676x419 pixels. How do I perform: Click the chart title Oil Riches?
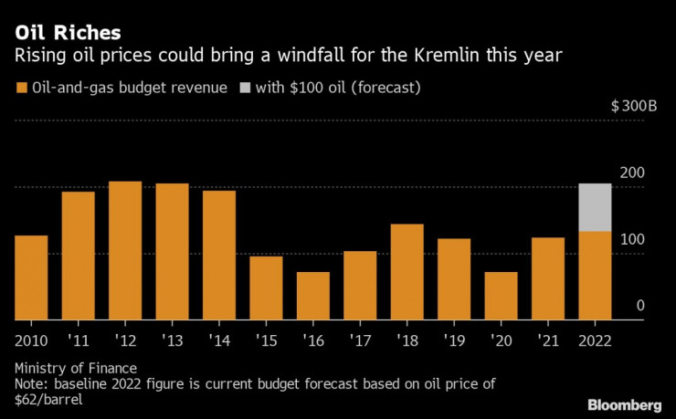tap(66, 34)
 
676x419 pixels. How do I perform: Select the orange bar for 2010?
tap(31, 278)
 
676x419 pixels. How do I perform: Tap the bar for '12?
tap(125, 250)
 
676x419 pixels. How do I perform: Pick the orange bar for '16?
tap(313, 296)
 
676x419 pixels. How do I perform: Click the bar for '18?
tap(407, 271)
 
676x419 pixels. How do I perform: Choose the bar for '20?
tap(501, 296)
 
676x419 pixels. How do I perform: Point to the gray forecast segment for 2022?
tap(595, 207)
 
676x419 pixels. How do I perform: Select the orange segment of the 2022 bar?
tap(595, 276)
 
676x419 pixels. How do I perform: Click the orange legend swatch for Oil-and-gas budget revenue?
tap(21, 89)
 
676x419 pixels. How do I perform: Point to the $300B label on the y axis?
tap(634, 107)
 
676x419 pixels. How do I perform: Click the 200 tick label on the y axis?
tap(633, 173)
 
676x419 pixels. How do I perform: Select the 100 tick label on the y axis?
tap(633, 239)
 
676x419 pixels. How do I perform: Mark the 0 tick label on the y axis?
tap(640, 306)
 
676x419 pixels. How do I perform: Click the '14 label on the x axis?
tap(218, 340)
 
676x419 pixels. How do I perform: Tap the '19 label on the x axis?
tap(453, 340)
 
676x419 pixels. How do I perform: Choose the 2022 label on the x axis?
tap(595, 340)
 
